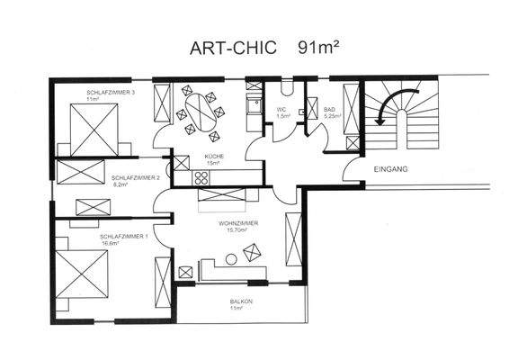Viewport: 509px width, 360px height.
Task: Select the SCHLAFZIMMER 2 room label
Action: click(135, 177)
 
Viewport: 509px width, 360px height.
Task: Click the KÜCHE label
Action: click(213, 157)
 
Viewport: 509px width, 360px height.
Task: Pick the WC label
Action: click(281, 110)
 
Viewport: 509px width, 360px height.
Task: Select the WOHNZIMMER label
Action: click(238, 222)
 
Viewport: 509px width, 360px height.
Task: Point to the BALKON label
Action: click(237, 301)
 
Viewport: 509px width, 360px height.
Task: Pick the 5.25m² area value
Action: click(330, 117)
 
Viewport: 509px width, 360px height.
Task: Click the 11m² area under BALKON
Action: click(237, 308)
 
